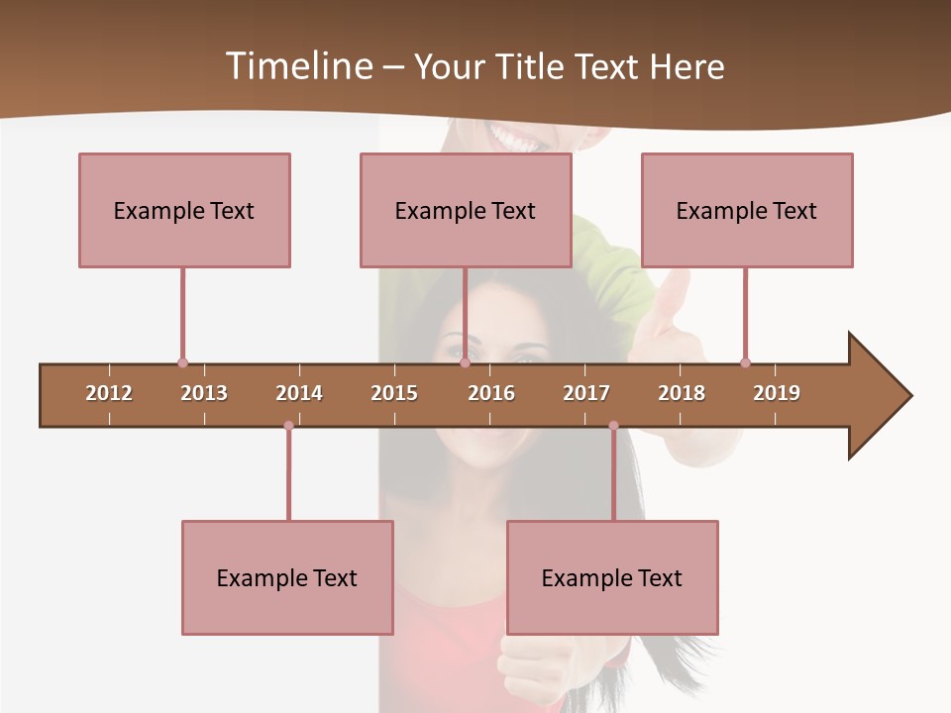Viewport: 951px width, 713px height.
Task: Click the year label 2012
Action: (x=109, y=393)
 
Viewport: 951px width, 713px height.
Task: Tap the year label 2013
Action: (x=204, y=393)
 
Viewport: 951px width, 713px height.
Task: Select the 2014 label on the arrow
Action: (x=299, y=393)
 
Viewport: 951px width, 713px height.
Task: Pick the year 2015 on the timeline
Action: (x=394, y=393)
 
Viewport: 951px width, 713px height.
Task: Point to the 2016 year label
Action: (x=491, y=393)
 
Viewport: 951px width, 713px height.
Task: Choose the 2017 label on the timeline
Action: (x=586, y=393)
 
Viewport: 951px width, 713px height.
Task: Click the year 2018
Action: (x=682, y=393)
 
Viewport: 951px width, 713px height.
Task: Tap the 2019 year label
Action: (x=777, y=393)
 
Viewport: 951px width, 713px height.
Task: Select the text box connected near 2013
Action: (x=184, y=210)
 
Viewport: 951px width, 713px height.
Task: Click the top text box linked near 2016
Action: (x=466, y=210)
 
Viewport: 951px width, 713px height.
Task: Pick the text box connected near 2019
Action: (x=747, y=210)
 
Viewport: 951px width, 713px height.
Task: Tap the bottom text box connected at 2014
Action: (x=287, y=577)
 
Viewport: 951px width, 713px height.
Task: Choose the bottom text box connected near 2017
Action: (x=612, y=577)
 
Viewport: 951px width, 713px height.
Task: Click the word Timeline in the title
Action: (x=297, y=66)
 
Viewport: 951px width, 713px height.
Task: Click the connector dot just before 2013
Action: (x=182, y=362)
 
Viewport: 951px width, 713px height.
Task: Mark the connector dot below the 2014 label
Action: (x=288, y=426)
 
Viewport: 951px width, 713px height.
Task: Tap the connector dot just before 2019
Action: (x=745, y=362)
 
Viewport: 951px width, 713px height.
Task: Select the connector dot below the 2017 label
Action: (x=613, y=426)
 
